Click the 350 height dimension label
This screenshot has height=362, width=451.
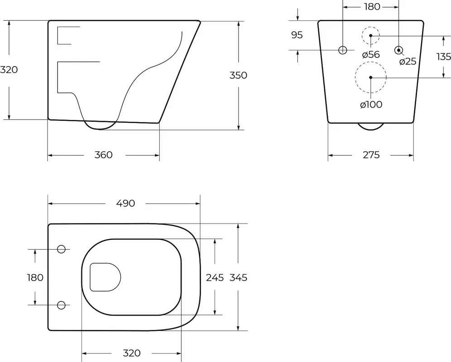click(238, 75)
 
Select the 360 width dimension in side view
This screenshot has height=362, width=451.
click(103, 155)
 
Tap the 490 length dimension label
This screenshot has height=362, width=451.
click(125, 203)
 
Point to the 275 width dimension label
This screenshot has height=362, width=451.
click(371, 155)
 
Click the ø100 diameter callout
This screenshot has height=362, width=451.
click(371, 105)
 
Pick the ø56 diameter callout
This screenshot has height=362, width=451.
click(371, 54)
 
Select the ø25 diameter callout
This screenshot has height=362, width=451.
click(408, 61)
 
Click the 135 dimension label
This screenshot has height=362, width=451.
click(443, 57)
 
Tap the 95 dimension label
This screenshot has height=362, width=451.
click(297, 35)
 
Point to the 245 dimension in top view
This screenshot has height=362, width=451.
click(215, 277)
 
